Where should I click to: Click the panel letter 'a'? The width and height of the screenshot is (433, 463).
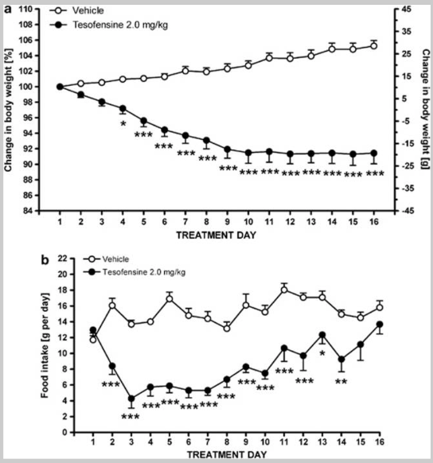click(8, 10)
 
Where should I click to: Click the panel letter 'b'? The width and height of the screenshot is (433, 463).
click(45, 260)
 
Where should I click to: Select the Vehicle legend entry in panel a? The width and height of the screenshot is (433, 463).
click(76, 10)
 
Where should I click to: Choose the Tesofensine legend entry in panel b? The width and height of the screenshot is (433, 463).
click(135, 271)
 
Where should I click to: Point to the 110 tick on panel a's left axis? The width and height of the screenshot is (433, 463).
click(25, 10)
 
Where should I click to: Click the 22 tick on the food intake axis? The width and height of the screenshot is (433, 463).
click(62, 259)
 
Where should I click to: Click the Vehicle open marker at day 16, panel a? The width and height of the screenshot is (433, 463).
click(373, 46)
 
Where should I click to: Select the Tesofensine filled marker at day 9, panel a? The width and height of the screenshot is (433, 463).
click(227, 149)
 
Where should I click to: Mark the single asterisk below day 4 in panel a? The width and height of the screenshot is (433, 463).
click(123, 124)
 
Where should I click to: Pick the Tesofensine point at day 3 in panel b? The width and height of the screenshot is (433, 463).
click(131, 399)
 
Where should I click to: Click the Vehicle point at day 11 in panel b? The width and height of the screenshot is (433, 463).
click(284, 290)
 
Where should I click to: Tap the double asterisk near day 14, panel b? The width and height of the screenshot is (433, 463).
click(341, 382)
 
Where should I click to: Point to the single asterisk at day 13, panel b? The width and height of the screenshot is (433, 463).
click(322, 353)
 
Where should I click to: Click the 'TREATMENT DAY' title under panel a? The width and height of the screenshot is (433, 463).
click(216, 235)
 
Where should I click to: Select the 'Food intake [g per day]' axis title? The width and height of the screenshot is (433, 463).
click(45, 345)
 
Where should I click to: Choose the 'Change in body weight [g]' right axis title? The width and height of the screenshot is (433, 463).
click(425, 109)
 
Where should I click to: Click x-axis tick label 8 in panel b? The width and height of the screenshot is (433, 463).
click(227, 442)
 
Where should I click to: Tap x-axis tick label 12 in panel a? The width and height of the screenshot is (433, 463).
click(291, 221)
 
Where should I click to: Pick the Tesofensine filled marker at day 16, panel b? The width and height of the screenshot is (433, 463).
click(380, 325)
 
